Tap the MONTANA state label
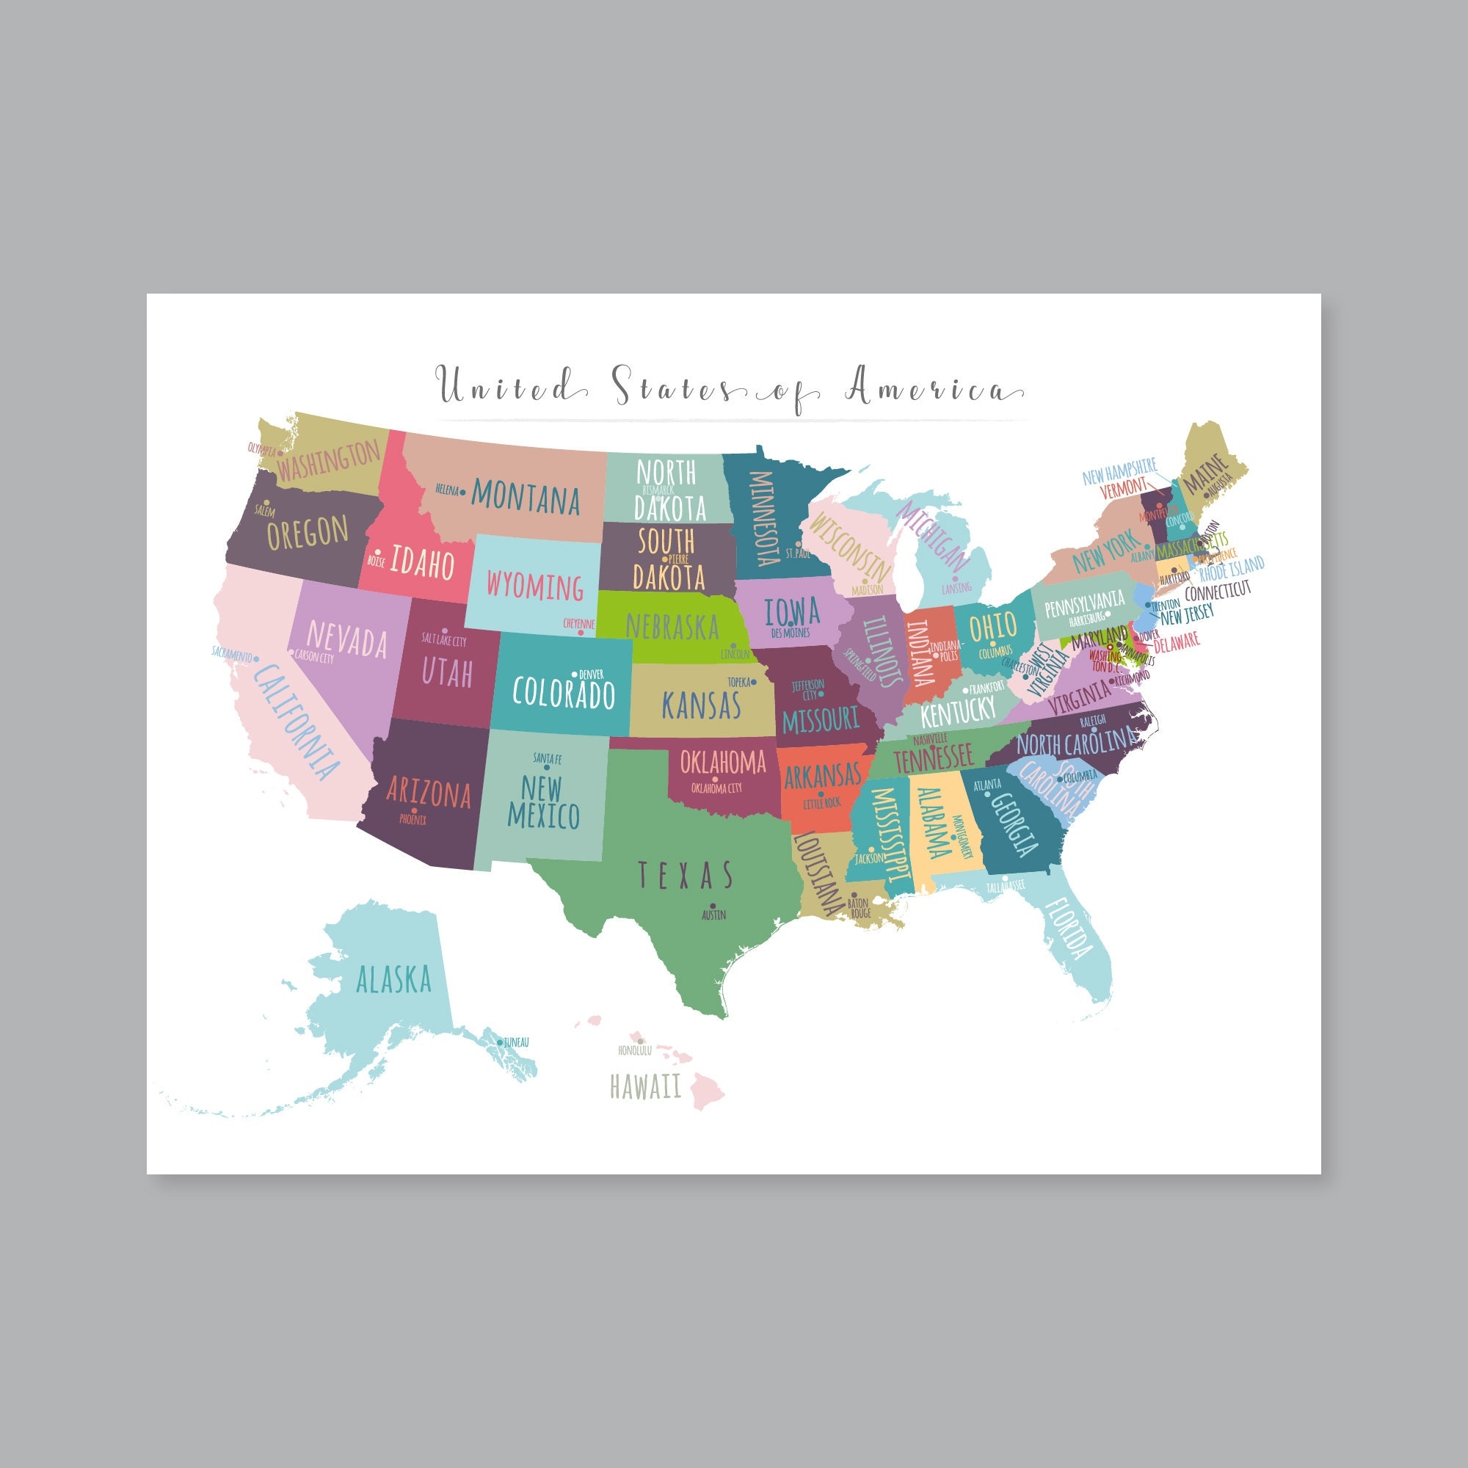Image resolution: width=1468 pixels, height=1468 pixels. [x=526, y=497]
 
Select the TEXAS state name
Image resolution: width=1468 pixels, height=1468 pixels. [x=686, y=876]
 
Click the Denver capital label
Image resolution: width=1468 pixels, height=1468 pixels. [x=592, y=674]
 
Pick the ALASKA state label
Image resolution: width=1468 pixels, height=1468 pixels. [x=393, y=980]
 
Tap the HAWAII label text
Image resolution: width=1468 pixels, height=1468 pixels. [x=645, y=1087]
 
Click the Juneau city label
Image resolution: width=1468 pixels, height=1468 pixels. [x=516, y=1042]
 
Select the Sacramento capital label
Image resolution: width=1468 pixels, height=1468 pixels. [x=232, y=653]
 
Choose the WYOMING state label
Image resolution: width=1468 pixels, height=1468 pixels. [x=535, y=586]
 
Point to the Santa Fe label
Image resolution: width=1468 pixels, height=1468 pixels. [x=547, y=758]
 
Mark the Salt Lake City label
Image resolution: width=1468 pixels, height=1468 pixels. [x=444, y=640]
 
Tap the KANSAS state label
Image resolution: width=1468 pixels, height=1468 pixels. [x=700, y=705]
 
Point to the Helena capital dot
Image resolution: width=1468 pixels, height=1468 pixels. [x=463, y=491]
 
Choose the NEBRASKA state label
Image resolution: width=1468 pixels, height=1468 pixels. [x=672, y=626]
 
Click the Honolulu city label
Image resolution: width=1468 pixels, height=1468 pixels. [x=635, y=1051]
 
